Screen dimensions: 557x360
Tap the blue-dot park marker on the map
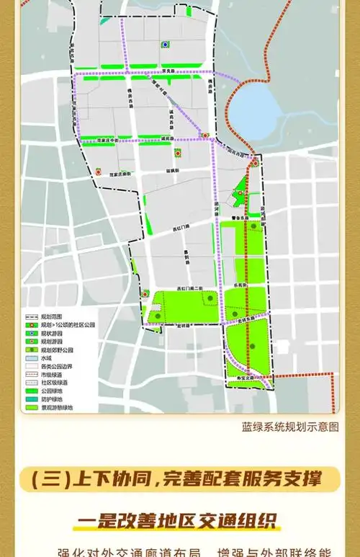click(166, 44)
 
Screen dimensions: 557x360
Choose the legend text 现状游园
click(51, 334)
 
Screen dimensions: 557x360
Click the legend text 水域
click(46, 358)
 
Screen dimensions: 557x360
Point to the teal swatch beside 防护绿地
click(30, 400)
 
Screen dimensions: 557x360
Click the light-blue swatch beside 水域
click(30, 358)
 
